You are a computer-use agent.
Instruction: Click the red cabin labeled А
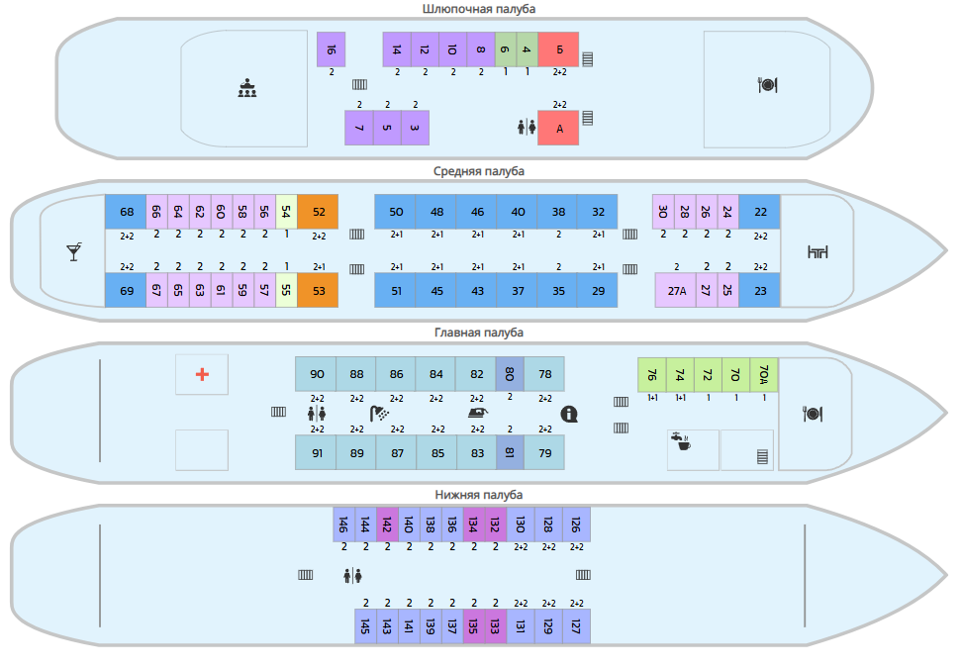click(x=558, y=128)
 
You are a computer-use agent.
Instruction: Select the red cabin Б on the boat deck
click(x=558, y=49)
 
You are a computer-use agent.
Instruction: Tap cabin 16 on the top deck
click(x=331, y=49)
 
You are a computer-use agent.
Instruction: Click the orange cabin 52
click(x=319, y=212)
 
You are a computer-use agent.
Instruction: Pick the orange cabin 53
click(x=319, y=290)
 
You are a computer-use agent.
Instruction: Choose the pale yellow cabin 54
click(x=286, y=212)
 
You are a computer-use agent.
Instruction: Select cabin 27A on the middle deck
click(x=676, y=290)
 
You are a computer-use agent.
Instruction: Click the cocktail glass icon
click(x=74, y=252)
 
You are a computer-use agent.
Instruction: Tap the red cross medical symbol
click(x=202, y=374)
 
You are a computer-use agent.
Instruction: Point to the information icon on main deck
click(x=569, y=414)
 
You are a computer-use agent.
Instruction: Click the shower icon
click(x=379, y=414)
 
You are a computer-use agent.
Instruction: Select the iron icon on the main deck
click(x=478, y=413)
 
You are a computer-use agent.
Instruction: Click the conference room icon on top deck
click(x=247, y=88)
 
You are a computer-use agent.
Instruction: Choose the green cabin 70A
click(x=764, y=374)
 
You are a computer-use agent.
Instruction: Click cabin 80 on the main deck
click(x=510, y=374)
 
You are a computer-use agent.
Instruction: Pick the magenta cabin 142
click(x=387, y=524)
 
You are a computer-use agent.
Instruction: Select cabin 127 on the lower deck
click(x=576, y=625)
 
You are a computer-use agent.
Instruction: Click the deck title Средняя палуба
click(x=479, y=171)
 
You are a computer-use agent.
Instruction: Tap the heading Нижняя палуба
click(x=479, y=495)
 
